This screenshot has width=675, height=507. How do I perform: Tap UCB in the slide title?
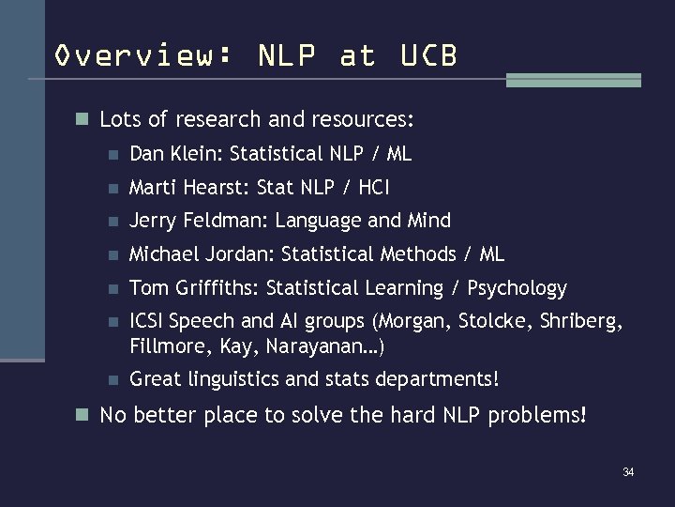[428, 56]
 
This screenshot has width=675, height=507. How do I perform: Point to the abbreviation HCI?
[372, 187]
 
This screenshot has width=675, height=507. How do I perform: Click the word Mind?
[428, 221]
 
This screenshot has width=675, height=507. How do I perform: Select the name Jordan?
[243, 254]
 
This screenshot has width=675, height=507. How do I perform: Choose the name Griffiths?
[211, 288]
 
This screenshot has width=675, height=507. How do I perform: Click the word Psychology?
[517, 289]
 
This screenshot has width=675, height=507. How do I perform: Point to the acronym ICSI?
[148, 322]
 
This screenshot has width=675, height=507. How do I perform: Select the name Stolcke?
[495, 322]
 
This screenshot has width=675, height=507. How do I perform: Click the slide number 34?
[628, 471]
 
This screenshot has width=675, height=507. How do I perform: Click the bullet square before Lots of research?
[83, 120]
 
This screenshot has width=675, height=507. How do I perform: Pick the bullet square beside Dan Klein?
[112, 154]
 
